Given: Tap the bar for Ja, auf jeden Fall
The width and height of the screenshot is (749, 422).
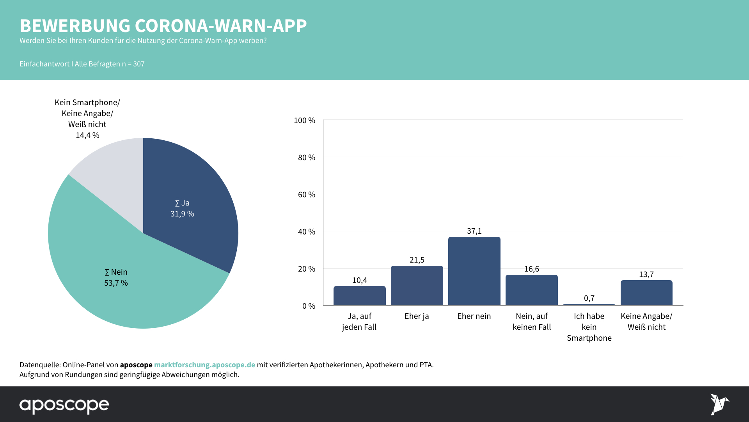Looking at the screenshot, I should coord(359,296).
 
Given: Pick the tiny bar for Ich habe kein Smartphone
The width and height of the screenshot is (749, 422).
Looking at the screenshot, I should coord(589,304).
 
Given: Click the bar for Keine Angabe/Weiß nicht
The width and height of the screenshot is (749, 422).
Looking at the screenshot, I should coord(646,293).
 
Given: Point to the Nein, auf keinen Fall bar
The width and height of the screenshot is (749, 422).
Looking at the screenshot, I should coord(531,290).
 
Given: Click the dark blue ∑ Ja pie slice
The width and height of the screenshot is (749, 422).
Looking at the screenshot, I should coord(187,203).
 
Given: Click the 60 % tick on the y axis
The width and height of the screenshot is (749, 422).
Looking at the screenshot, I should coord(307,195).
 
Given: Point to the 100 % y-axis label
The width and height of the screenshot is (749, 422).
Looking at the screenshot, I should coord(304,120).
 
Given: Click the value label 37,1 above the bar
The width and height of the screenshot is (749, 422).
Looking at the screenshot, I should coord(474,231).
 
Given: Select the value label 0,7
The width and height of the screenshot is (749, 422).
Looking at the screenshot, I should coord(589,298).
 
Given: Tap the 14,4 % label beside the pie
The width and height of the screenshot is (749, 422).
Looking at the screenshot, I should coord(87,135).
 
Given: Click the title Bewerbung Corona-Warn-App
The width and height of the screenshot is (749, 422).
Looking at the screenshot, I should coord(163,26).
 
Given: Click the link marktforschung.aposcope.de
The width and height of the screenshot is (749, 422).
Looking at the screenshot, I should coord(204,365).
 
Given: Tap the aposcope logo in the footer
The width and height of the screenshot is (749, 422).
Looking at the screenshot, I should coord(64,405).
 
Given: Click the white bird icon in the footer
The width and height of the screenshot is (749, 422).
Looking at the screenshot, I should coord(719,404).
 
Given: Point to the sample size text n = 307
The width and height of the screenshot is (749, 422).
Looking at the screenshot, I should coord(133,64).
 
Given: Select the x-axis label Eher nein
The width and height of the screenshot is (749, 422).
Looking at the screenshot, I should coord(474,316).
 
